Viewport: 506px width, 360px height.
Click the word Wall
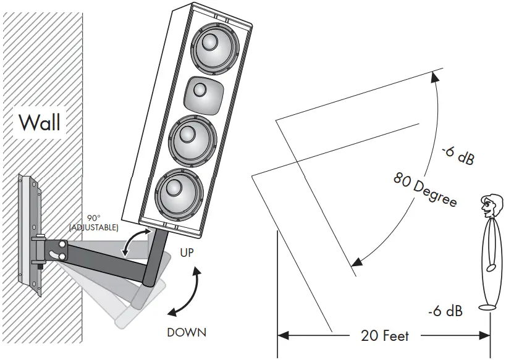40,122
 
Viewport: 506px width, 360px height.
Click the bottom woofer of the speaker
179,193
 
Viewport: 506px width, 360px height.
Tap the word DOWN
187,332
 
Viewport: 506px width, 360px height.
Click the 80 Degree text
425,188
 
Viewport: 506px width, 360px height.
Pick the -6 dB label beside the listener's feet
444,311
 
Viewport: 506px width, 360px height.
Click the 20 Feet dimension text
385,336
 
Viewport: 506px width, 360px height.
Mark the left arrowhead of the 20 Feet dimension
283,336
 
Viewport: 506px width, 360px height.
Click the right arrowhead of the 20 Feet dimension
485,336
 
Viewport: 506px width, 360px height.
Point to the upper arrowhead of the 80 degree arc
435,77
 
